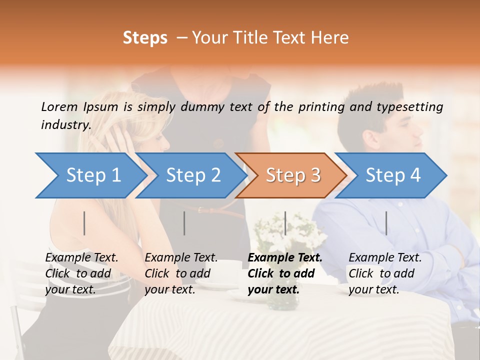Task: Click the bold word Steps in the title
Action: click(x=145, y=38)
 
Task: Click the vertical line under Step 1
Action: click(x=84, y=223)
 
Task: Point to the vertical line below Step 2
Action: click(x=184, y=223)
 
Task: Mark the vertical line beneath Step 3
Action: click(x=285, y=223)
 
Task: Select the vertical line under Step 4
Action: click(x=386, y=223)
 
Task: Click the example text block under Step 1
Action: click(x=81, y=273)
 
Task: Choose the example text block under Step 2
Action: click(x=181, y=273)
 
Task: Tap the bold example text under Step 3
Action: click(x=285, y=273)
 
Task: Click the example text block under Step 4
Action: click(x=385, y=273)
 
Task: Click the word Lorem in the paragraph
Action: click(x=59, y=106)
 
